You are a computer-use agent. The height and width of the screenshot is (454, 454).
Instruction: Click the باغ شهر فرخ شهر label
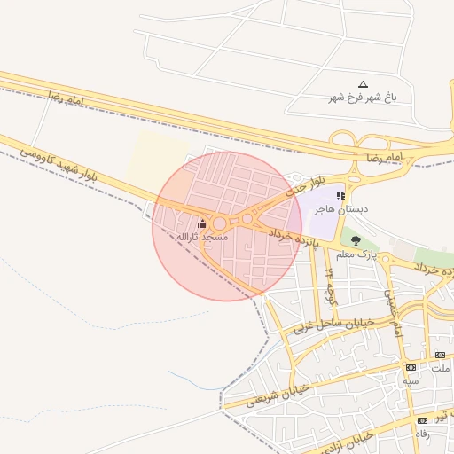(363, 97)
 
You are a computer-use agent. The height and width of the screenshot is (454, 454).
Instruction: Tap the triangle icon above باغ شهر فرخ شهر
(363, 84)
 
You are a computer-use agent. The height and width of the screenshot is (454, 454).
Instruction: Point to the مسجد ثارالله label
(202, 237)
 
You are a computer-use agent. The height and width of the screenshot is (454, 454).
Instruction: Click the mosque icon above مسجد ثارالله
(202, 223)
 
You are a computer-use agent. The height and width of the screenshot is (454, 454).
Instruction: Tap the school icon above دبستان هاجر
(340, 195)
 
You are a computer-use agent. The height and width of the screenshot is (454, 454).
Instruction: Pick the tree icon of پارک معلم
(356, 240)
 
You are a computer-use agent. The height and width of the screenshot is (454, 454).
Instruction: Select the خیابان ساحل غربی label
(336, 317)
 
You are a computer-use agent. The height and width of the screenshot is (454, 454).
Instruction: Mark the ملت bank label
(442, 368)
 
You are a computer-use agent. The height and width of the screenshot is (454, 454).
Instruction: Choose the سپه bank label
(411, 380)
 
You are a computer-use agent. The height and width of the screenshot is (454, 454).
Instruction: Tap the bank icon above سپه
(411, 367)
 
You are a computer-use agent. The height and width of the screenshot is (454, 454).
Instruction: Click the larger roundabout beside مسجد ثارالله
(219, 223)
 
